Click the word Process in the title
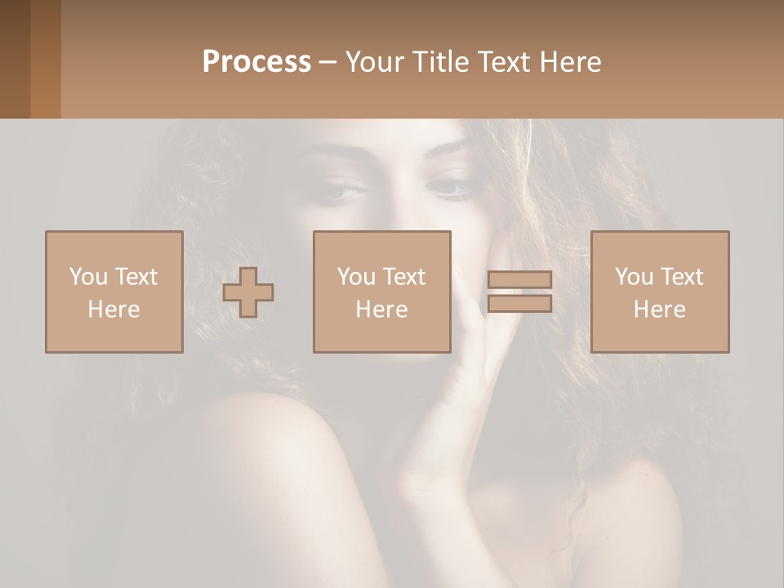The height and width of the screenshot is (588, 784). click(256, 62)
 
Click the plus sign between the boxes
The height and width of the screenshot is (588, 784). click(248, 292)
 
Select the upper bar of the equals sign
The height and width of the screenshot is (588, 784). click(519, 280)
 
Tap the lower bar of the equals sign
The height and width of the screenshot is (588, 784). click(519, 304)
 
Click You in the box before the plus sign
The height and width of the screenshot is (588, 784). click(88, 277)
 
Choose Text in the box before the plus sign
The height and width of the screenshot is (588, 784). click(136, 277)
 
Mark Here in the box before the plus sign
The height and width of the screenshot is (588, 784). click(114, 310)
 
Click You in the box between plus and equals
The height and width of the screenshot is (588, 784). click(356, 277)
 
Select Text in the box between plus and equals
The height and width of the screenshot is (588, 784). click(403, 277)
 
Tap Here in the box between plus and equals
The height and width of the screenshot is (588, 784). click(381, 310)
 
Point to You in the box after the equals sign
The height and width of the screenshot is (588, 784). click(634, 277)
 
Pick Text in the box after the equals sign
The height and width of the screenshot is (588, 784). click(681, 277)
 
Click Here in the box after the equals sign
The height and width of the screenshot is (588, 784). click(659, 310)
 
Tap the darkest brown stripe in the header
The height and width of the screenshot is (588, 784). click(15, 59)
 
